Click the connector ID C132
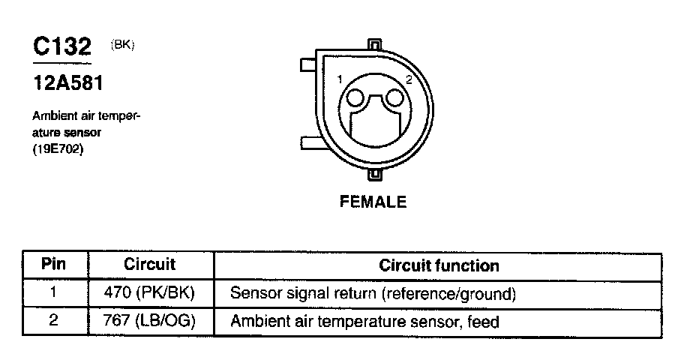61,48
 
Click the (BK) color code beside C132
123,45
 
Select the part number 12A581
67,82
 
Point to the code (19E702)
58,150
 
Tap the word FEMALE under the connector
373,202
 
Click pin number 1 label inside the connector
340,79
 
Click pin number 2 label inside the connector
408,79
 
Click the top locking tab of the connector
376,44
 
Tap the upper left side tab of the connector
308,65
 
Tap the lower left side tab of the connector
308,143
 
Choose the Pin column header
53,265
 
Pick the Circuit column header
149,265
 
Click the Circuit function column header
439,265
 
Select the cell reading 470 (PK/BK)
150,293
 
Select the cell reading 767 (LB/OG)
150,322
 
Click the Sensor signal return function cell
373,294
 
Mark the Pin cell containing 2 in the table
53,322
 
